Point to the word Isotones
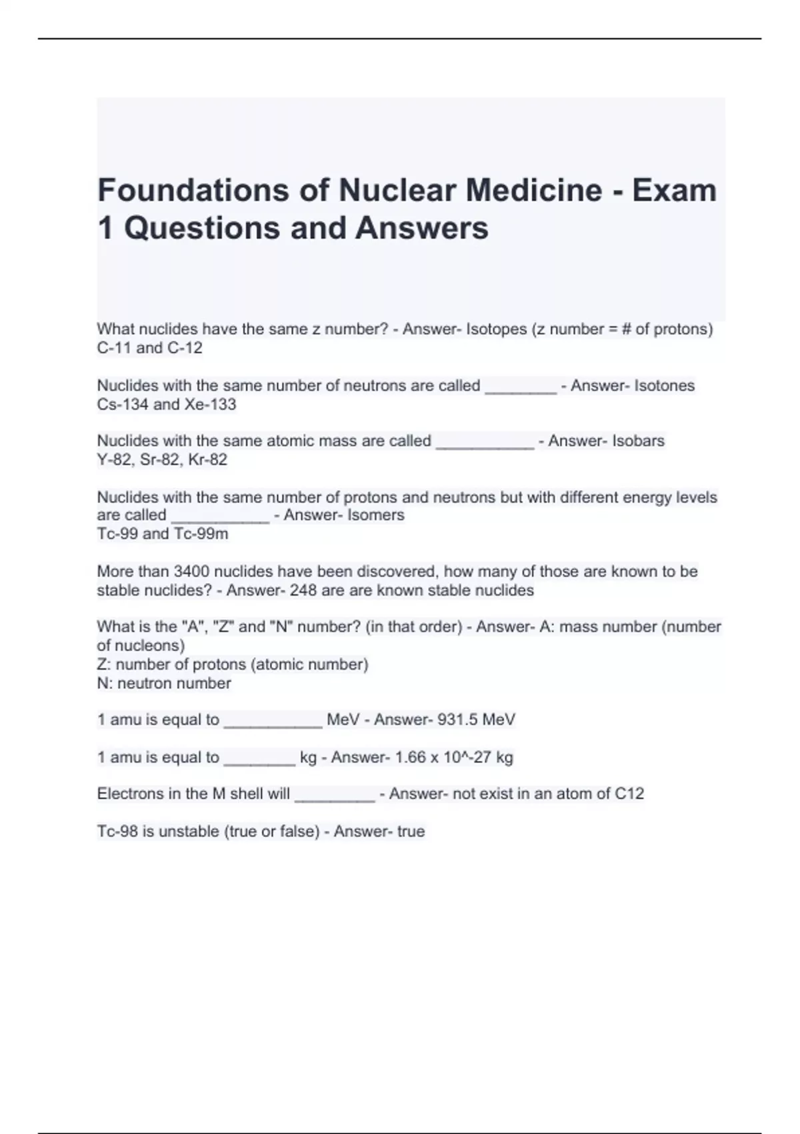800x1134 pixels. click(664, 386)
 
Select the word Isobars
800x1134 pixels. click(638, 441)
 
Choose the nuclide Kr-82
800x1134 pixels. click(208, 460)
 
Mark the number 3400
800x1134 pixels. click(192, 572)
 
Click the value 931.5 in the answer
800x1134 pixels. click(457, 720)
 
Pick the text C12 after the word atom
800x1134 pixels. click(629, 794)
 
